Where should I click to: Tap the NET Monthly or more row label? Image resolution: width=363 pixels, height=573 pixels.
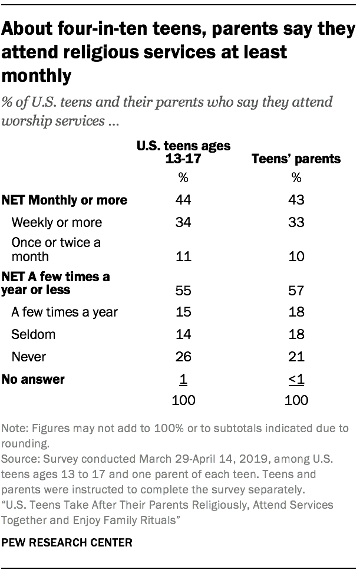pos(65,200)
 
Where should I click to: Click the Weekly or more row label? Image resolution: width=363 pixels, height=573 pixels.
pos(57,222)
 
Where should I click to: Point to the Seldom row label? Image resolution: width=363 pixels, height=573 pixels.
pos(34,334)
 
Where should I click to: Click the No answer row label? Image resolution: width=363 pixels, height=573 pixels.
pos(33,379)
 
